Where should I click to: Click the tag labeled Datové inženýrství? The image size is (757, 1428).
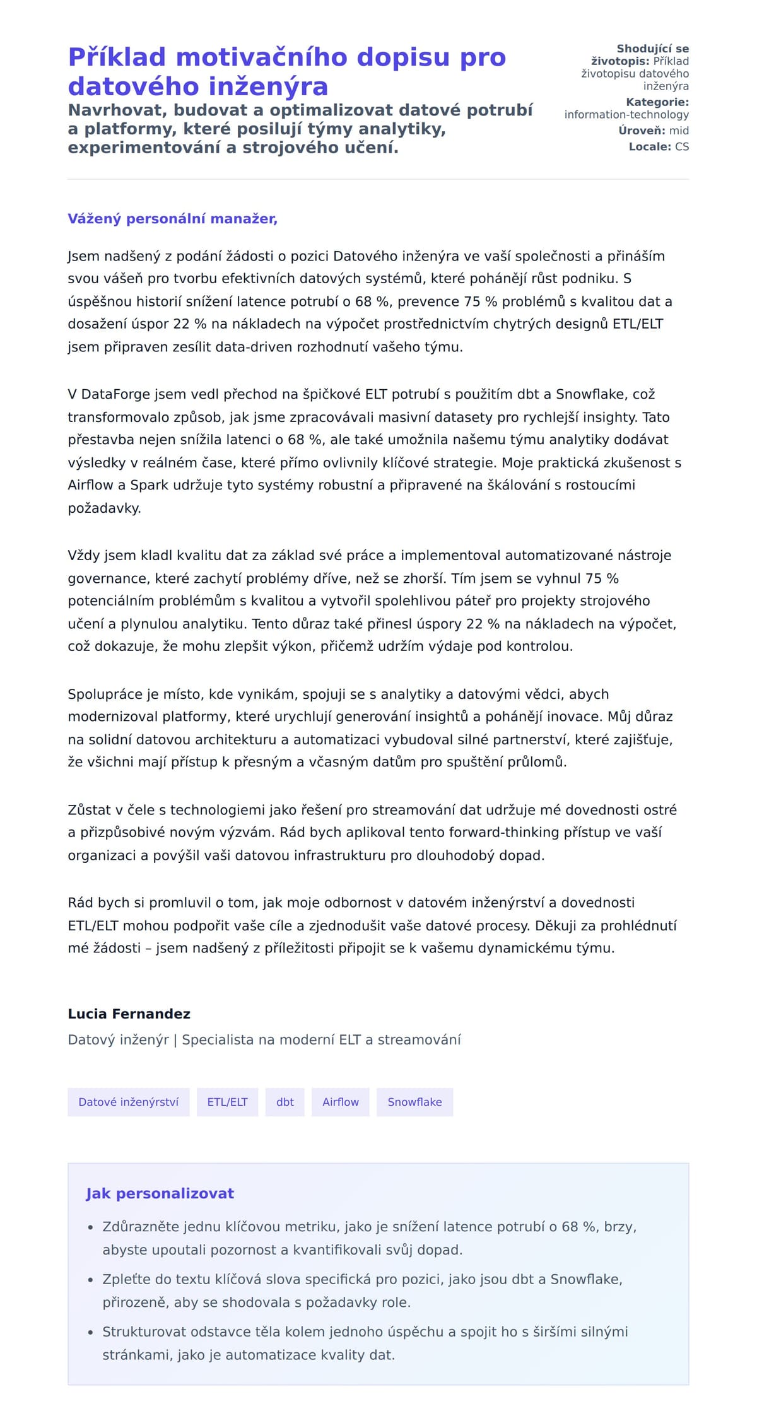[x=128, y=1101]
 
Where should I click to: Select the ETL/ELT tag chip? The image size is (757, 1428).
[x=227, y=1101]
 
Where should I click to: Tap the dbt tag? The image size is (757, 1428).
[x=285, y=1101]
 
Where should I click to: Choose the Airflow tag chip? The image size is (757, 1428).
[x=340, y=1101]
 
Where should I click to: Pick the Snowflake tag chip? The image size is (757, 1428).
[x=414, y=1101]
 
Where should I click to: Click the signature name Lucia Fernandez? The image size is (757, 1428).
[x=129, y=1014]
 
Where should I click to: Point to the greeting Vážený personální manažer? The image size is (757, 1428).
[x=172, y=219]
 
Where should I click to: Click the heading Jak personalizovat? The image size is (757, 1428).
[x=160, y=1193]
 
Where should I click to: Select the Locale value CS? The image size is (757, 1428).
[x=682, y=146]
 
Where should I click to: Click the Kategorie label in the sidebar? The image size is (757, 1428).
[x=657, y=102]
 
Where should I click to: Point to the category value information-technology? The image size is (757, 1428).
[x=626, y=114]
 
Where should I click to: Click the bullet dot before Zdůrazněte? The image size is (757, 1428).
[x=90, y=1227]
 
